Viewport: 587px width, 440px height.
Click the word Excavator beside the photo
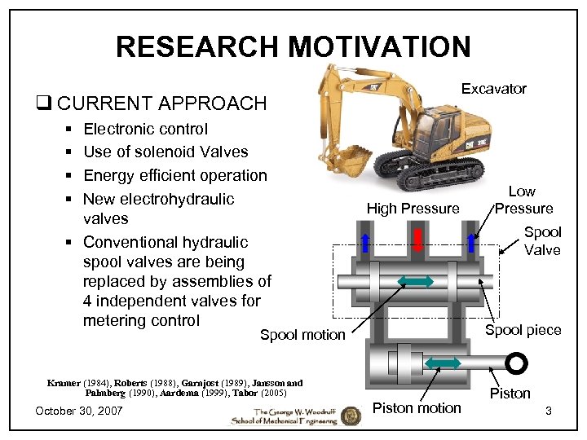(x=493, y=89)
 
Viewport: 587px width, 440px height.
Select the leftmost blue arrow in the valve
(x=366, y=241)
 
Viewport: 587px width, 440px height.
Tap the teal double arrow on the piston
(x=444, y=363)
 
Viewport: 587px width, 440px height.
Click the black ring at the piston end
(x=516, y=362)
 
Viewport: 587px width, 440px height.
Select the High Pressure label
(x=413, y=209)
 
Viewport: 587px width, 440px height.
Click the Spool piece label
(x=523, y=330)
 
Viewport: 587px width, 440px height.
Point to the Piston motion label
(x=417, y=407)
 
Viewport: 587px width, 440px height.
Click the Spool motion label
(x=302, y=335)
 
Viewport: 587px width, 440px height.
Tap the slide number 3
(x=549, y=411)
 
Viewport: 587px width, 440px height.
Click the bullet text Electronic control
(x=145, y=129)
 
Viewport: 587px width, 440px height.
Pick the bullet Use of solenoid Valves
(x=166, y=152)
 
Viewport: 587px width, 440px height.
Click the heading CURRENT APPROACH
(x=161, y=103)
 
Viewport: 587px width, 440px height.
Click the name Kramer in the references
(x=64, y=383)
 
